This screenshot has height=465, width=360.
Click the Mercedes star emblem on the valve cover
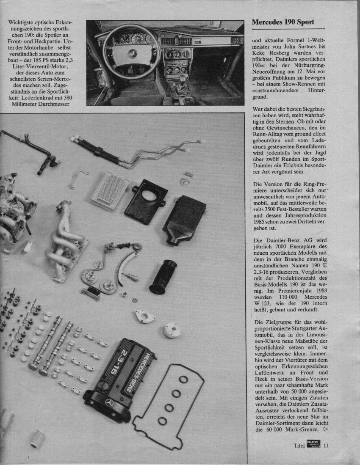tap(109, 401)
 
